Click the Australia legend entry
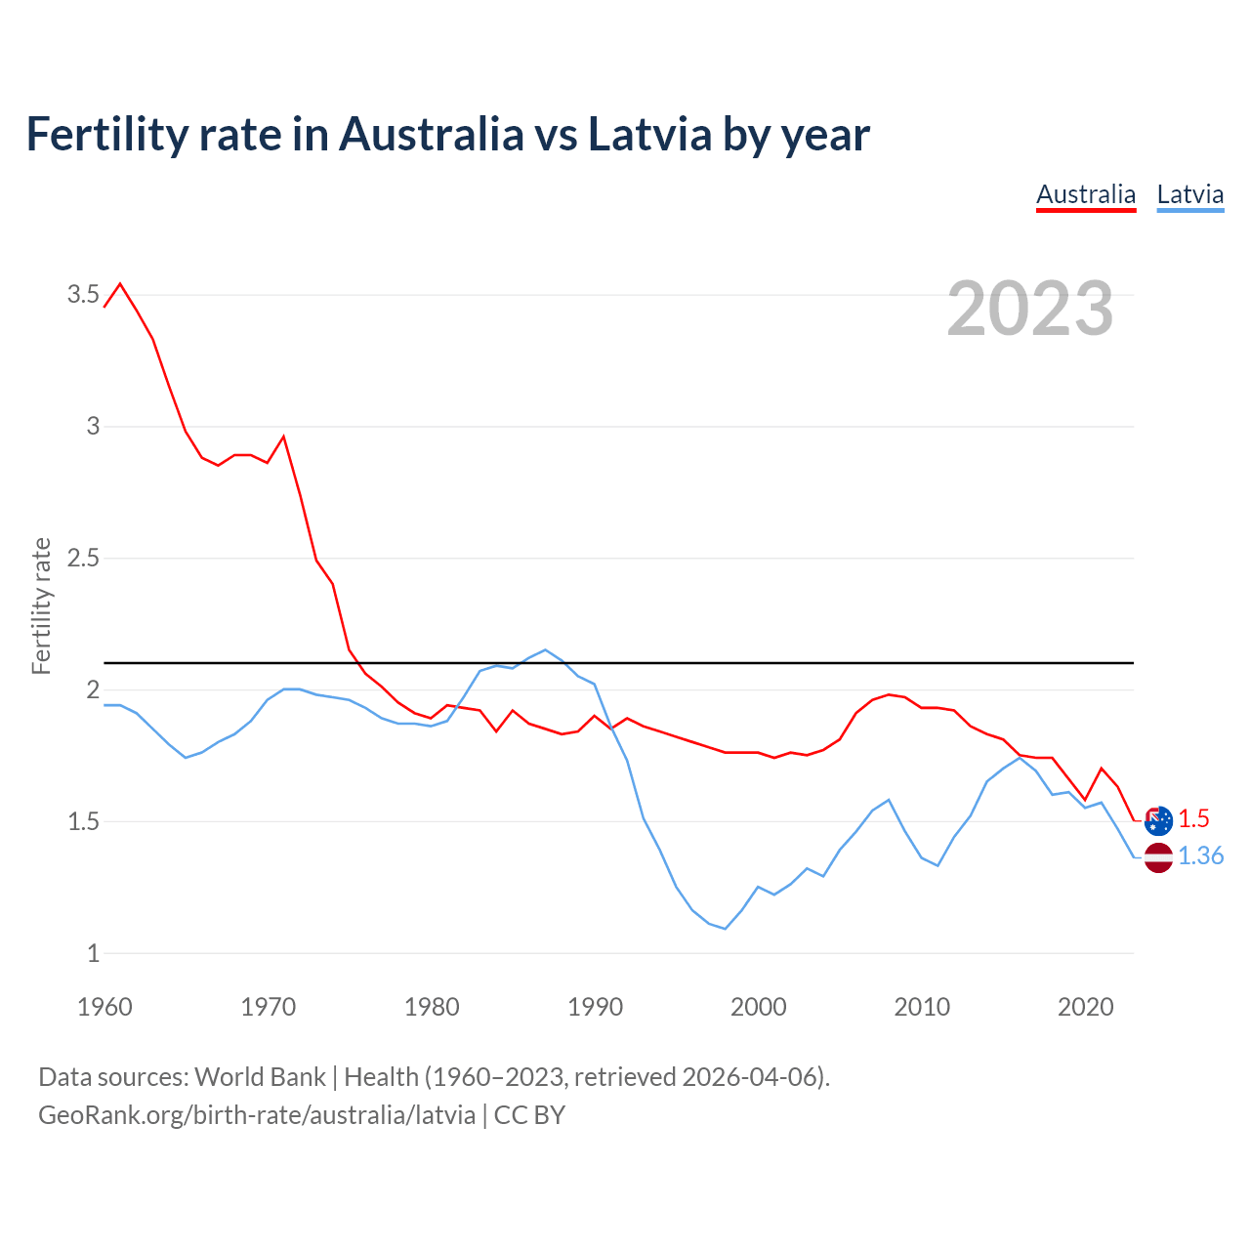pos(1086,194)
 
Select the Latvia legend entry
pos(1189,194)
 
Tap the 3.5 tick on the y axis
pos(83,294)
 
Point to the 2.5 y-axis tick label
pos(83,558)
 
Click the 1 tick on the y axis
pos(93,953)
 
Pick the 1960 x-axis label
pos(104,1007)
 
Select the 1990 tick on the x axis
pos(595,1007)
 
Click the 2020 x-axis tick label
pos(1085,1007)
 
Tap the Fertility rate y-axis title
pos(41,605)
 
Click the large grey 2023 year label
pos(1030,309)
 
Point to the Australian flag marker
pos(1158,820)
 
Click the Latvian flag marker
pos(1158,857)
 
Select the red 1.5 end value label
pos(1193,819)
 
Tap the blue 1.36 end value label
pos(1200,856)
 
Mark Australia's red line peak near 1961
pos(120,284)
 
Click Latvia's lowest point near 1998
pos(725,929)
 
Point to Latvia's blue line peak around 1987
pos(545,649)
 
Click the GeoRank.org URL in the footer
pos(257,1114)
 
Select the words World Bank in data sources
pos(260,1076)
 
